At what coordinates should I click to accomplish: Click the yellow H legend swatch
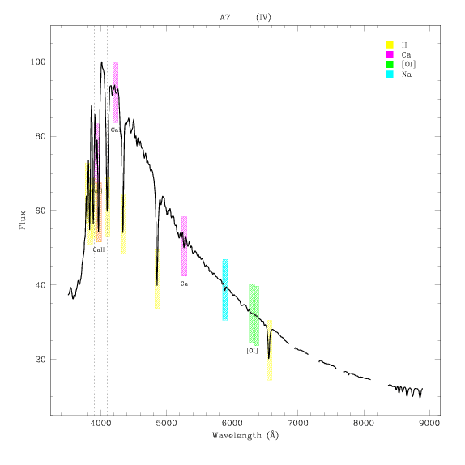[390, 45]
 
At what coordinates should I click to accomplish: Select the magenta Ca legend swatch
[390, 54]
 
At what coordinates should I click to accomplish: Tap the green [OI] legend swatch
[390, 64]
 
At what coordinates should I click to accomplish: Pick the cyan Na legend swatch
[390, 75]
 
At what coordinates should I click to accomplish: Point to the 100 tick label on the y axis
[38, 62]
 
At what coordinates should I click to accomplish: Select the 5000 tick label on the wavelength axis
[166, 423]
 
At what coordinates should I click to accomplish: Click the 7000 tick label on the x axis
[298, 423]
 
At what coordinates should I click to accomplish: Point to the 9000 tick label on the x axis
[429, 423]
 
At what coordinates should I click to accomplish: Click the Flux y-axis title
[23, 220]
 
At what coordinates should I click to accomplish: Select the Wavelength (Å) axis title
[245, 435]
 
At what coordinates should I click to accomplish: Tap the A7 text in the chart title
[224, 18]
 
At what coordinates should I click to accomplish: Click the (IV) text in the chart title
[263, 18]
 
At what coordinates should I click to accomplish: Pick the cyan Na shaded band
[225, 290]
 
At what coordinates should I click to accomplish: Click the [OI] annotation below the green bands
[252, 351]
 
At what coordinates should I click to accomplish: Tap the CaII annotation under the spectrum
[99, 250]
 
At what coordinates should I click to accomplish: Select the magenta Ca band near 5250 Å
[184, 246]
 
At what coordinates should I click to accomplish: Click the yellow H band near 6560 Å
[269, 350]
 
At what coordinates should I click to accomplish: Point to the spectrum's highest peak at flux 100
[101, 62]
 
